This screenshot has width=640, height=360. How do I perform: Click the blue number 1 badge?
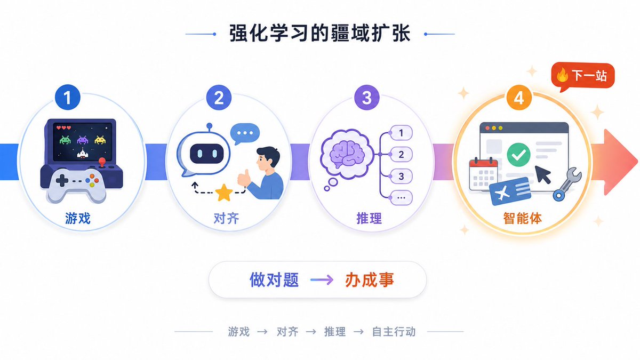67,98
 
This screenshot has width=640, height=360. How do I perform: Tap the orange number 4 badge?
519,98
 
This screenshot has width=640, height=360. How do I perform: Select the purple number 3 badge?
367,98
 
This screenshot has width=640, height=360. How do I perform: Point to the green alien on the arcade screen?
65,140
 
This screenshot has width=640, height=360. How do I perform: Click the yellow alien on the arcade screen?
100,140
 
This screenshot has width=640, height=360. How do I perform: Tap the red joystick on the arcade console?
102,162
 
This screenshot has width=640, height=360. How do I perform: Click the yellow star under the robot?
223,193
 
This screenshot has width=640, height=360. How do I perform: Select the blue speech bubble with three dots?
245,134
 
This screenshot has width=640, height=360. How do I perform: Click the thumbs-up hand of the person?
244,178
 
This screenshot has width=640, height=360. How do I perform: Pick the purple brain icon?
347,154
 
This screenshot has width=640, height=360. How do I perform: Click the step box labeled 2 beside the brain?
401,154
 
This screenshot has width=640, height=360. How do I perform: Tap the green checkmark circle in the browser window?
518,155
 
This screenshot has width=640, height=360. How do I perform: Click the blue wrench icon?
567,185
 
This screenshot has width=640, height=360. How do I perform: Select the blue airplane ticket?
510,191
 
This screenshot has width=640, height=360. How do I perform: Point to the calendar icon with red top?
483,174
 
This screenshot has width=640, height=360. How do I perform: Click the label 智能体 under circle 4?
522,219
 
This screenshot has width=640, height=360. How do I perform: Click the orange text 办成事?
370,279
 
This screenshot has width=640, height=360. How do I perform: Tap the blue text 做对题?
274,279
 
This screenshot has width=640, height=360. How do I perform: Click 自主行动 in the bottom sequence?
394,332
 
